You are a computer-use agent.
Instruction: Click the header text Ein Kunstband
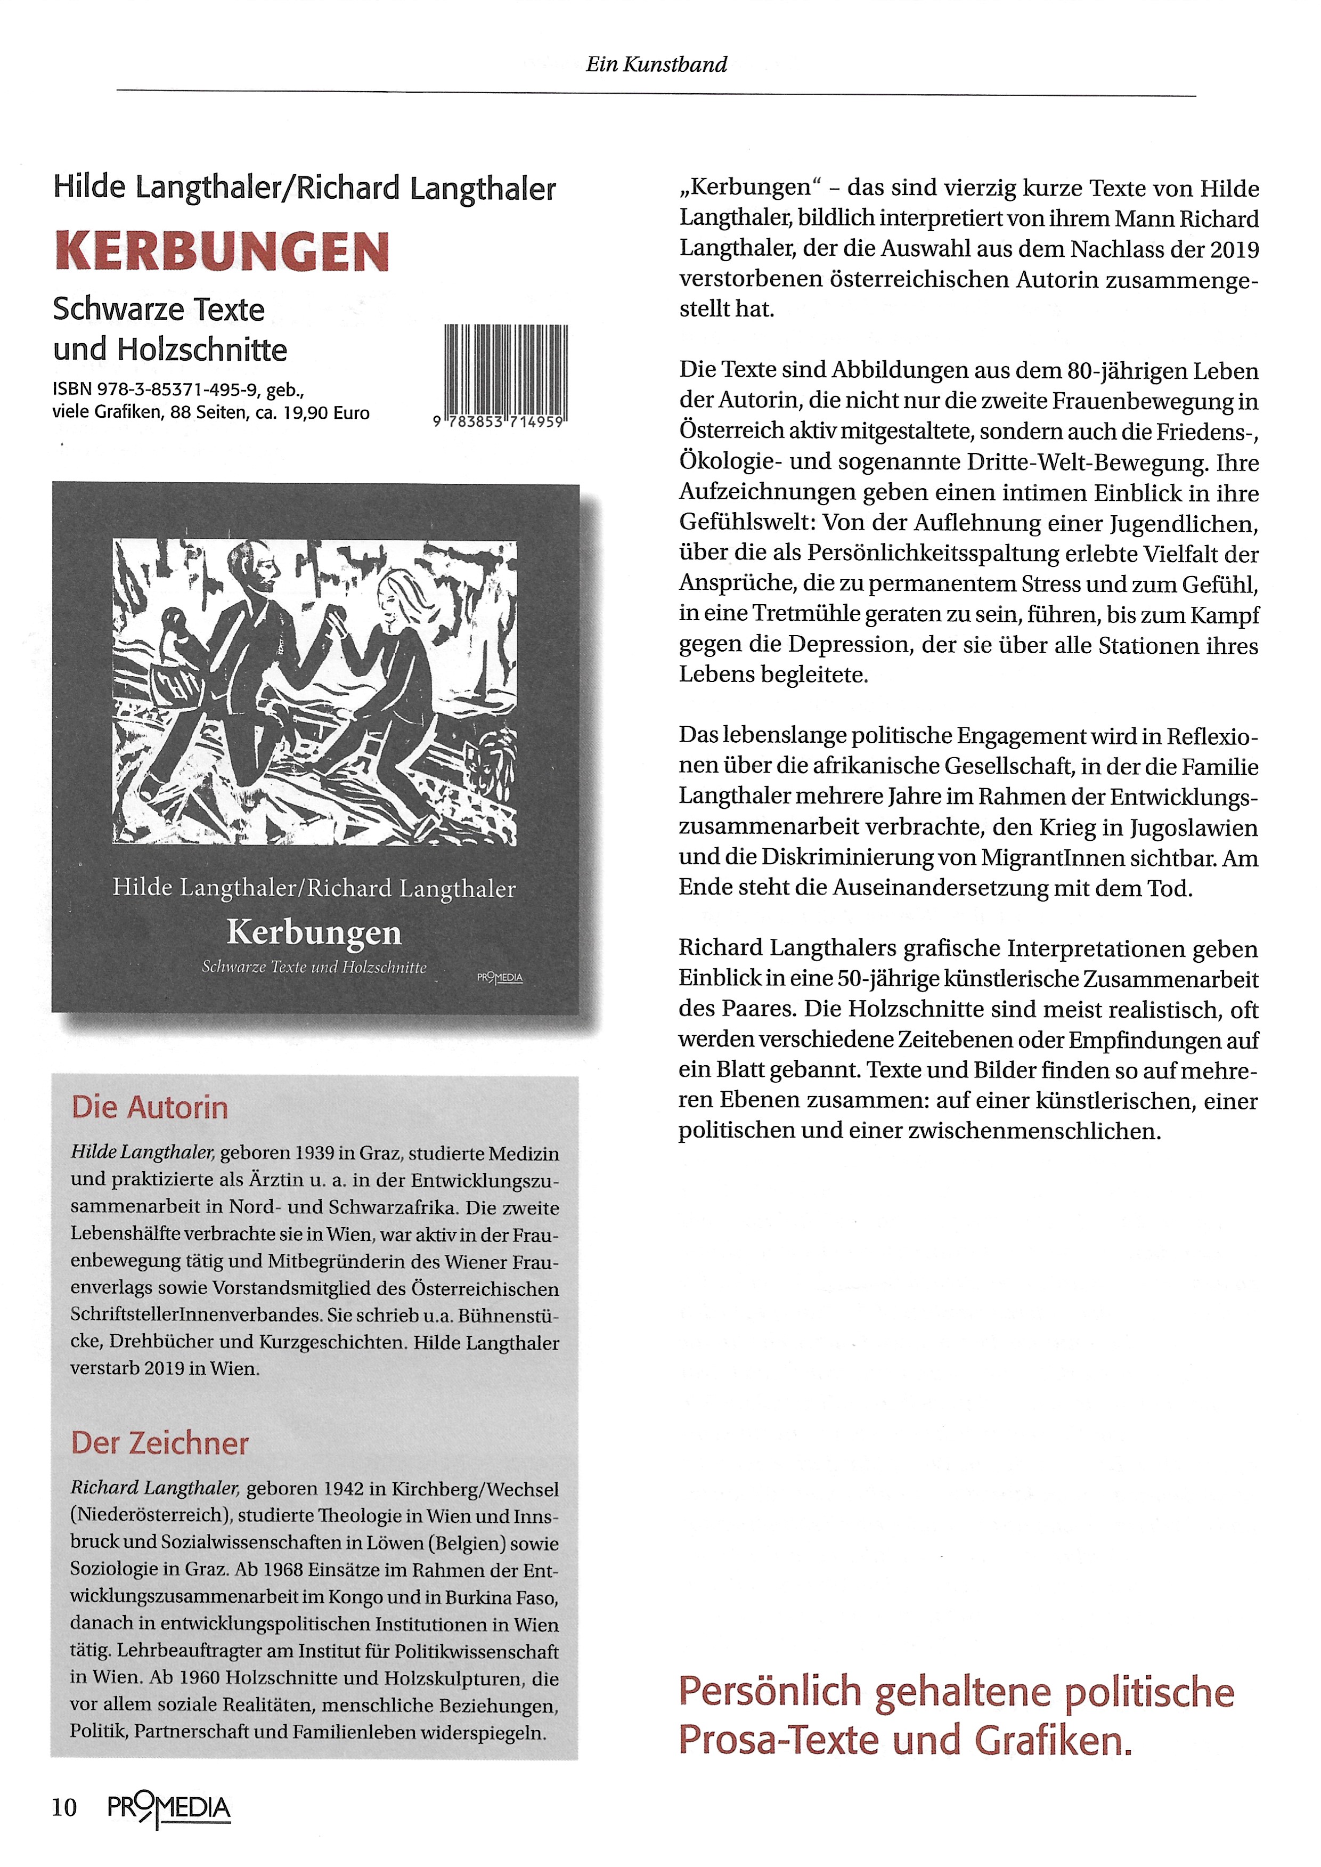point(656,64)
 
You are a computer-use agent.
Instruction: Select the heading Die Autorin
point(150,1108)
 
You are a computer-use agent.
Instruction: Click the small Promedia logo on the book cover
point(500,977)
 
